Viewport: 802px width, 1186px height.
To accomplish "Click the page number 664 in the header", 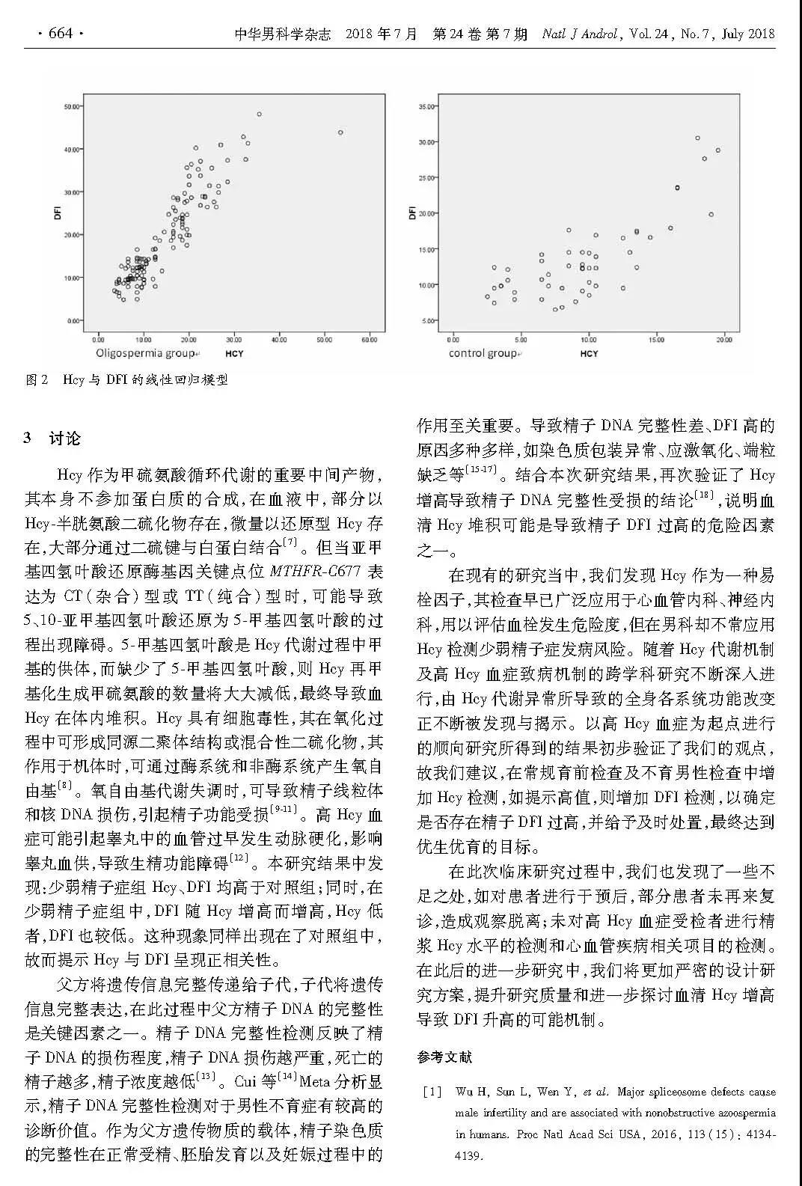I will [59, 34].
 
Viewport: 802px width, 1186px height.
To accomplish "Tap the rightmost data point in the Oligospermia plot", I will [340, 132].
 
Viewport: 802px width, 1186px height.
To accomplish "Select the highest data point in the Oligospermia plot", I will [259, 114].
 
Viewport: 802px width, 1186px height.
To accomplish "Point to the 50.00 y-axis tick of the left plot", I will [73, 106].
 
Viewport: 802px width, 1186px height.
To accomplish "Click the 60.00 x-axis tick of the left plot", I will [369, 340].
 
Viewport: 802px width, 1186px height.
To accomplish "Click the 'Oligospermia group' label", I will [143, 353].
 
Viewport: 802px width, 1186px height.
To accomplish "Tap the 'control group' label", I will [483, 353].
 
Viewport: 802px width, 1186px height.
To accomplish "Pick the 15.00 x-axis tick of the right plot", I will [656, 340].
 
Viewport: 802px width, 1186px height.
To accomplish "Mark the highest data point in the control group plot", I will [697, 138].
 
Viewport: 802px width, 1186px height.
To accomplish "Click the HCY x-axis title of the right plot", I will [590, 353].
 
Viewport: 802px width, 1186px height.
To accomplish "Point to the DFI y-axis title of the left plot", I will [58, 213].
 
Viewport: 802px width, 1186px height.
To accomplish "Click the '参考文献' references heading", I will [445, 1057].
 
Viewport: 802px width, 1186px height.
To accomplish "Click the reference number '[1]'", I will [432, 1092].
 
